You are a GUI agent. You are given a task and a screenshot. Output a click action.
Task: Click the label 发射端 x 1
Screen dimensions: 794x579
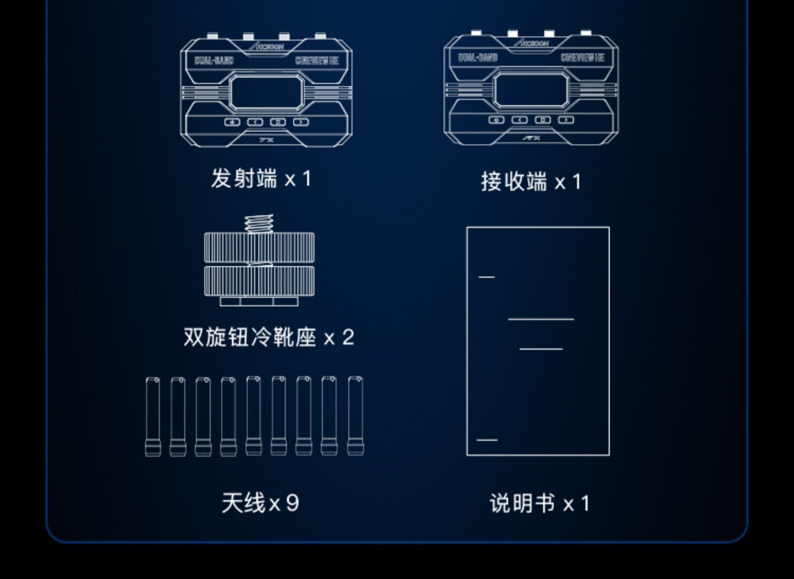click(x=261, y=179)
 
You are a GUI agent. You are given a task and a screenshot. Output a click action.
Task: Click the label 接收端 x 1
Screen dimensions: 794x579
click(x=531, y=182)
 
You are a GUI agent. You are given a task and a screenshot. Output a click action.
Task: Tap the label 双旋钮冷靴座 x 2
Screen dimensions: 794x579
click(x=268, y=337)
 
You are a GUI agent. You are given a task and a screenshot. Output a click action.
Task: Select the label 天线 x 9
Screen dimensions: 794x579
click(x=260, y=503)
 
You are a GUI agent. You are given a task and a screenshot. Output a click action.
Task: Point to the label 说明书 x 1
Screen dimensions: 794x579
click(x=539, y=503)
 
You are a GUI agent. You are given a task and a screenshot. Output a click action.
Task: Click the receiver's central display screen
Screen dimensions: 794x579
click(x=530, y=90)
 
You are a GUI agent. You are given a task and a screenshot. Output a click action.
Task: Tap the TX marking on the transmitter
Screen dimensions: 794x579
click(x=266, y=140)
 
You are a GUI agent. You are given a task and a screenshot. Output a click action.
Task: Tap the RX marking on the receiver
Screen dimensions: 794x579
click(x=531, y=138)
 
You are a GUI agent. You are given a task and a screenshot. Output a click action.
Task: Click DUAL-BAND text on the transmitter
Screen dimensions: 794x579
click(x=214, y=60)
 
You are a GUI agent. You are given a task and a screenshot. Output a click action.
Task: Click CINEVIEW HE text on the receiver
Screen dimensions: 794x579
click(x=582, y=57)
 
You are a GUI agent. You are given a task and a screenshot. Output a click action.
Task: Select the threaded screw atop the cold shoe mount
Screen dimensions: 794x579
click(x=259, y=223)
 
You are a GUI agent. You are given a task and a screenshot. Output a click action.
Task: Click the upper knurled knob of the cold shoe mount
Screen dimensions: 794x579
click(x=259, y=247)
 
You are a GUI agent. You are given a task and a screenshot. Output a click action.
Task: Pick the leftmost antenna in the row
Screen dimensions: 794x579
click(x=152, y=417)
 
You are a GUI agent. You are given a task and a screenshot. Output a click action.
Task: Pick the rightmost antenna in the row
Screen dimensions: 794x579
click(x=356, y=416)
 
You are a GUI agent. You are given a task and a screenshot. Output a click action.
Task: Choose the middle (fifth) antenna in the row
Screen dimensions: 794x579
click(x=254, y=416)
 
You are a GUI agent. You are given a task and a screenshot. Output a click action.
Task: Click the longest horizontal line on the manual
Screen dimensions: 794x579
click(x=540, y=319)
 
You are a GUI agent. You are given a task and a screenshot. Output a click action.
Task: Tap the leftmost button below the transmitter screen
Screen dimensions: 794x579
click(x=232, y=122)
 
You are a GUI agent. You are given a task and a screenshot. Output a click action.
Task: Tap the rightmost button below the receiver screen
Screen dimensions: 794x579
click(x=566, y=120)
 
